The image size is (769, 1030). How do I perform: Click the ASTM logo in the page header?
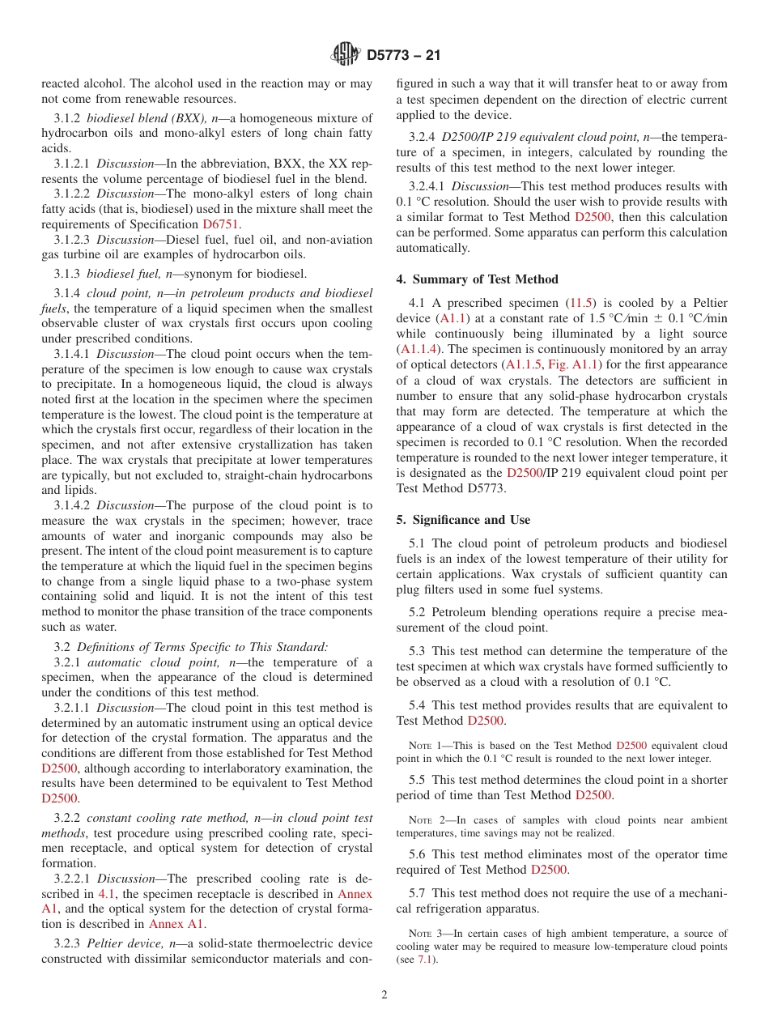(346, 55)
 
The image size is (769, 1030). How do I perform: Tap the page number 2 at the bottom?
(384, 995)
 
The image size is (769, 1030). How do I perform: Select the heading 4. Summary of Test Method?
(477, 279)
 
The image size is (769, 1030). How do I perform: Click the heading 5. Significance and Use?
(463, 520)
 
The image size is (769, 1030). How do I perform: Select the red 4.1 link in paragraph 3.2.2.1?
(106, 894)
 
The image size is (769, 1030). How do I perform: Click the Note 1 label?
(426, 745)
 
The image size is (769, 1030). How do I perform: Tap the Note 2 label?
(426, 820)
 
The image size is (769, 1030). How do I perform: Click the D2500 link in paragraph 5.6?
(549, 870)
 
